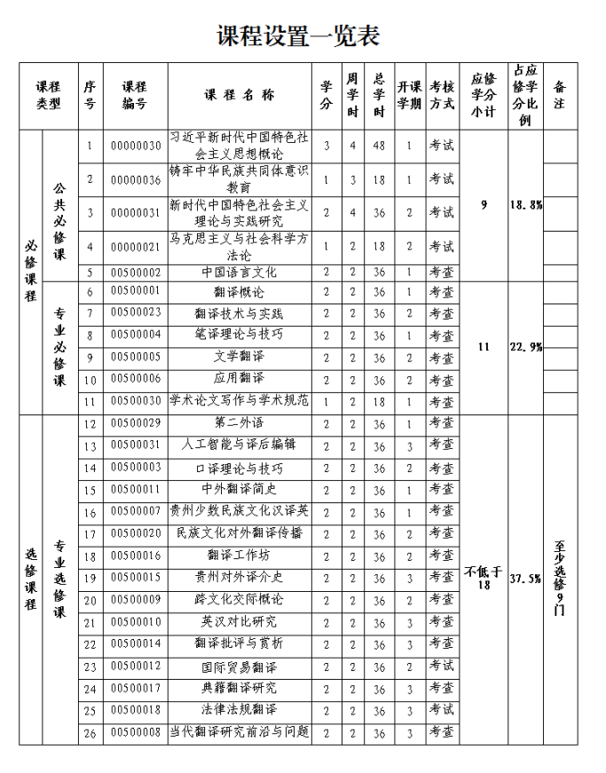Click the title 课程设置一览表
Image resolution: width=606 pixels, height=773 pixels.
click(299, 35)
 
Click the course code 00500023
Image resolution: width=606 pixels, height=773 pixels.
click(134, 313)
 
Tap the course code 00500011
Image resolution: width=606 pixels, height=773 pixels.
click(134, 489)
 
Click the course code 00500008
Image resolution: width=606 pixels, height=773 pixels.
click(134, 732)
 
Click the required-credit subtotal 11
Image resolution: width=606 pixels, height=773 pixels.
click(484, 346)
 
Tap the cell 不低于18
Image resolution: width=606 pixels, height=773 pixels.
click(484, 579)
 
